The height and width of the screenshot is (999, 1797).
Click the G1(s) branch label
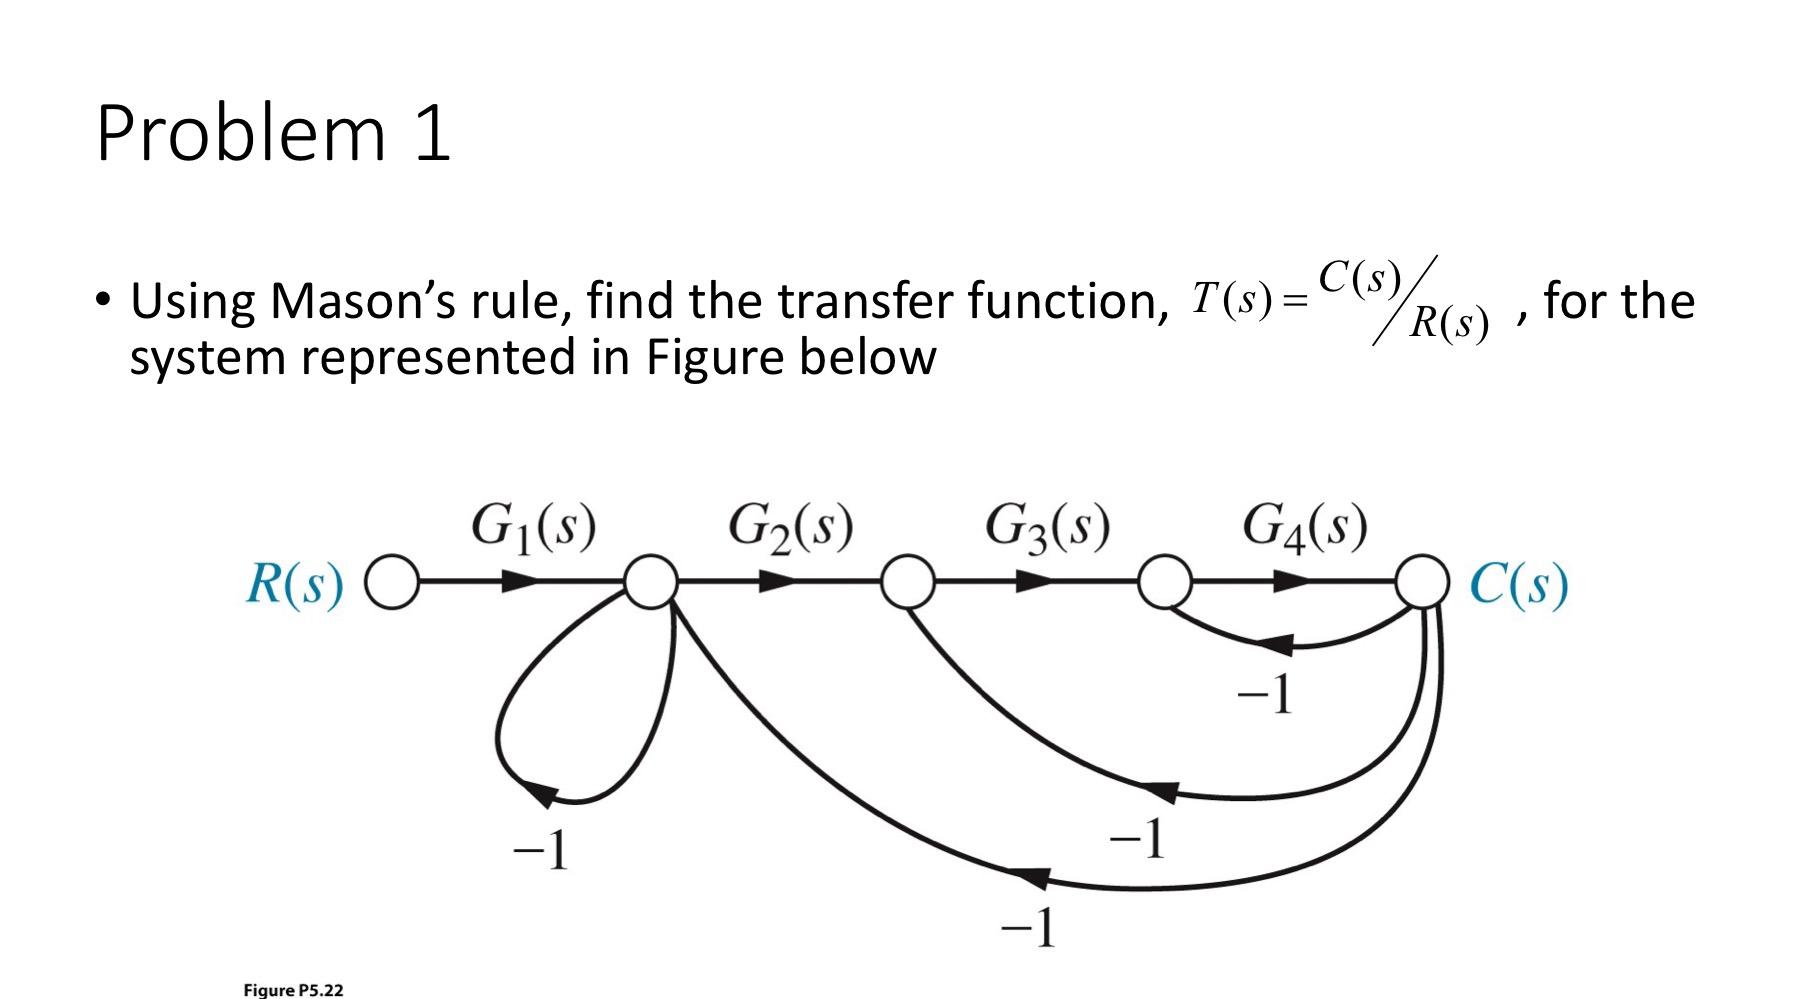tap(533, 527)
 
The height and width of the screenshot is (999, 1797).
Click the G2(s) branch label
tap(790, 527)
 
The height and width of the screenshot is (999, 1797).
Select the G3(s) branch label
tap(1047, 527)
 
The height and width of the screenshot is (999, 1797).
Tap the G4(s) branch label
tap(1304, 527)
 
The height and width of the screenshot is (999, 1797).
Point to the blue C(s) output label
tap(1519, 584)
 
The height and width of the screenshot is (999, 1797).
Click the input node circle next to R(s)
tap(394, 582)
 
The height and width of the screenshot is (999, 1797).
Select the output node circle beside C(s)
tap(1422, 582)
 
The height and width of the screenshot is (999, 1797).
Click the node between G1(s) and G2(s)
tap(651, 582)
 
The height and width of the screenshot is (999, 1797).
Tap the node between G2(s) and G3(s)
tap(908, 582)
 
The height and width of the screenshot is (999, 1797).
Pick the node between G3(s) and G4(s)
tap(1165, 582)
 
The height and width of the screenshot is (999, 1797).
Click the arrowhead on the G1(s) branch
tap(520, 582)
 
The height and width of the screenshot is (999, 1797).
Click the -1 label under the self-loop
tap(540, 851)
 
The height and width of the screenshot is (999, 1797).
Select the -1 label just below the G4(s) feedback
tap(1265, 696)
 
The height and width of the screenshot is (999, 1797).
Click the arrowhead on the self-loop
tap(541, 795)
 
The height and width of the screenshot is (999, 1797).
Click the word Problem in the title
tap(241, 134)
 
